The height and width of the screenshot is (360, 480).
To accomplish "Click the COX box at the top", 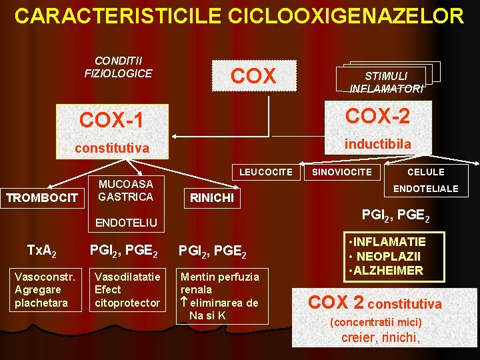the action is (253, 75).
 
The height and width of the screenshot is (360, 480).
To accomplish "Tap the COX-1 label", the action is (111, 120).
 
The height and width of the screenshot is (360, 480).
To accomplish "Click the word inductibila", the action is (377, 144).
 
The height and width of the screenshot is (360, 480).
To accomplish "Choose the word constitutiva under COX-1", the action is (111, 148).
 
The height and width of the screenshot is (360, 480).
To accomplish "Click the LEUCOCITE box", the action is (265, 172).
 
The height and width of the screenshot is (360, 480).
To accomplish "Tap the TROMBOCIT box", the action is (42, 197).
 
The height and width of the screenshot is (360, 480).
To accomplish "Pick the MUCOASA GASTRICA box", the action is (125, 190).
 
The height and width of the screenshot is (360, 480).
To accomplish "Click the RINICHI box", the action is (211, 197).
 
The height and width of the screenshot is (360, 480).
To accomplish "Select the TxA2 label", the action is (41, 251).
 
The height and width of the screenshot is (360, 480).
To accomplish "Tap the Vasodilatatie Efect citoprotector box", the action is (127, 289).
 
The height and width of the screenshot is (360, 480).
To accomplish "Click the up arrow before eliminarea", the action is (185, 303).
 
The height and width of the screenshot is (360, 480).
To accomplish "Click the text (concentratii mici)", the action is (376, 323).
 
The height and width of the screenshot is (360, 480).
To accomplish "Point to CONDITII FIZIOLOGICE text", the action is (118, 67).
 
